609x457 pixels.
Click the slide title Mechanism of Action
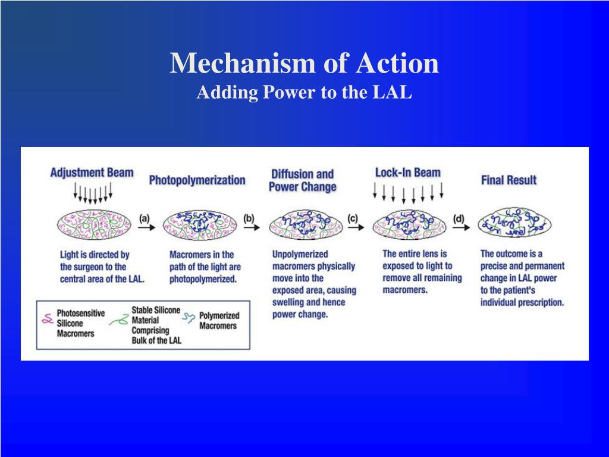304,63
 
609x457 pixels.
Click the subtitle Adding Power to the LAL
304,93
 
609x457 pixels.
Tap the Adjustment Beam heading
92,173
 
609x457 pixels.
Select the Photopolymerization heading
197,180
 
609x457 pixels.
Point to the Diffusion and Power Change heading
302,180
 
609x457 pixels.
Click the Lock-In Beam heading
407,173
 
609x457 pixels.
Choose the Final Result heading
508,180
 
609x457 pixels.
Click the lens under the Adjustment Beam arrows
93,224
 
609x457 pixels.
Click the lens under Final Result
514,224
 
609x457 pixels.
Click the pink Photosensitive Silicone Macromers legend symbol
46,320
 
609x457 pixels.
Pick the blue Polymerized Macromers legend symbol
190,319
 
